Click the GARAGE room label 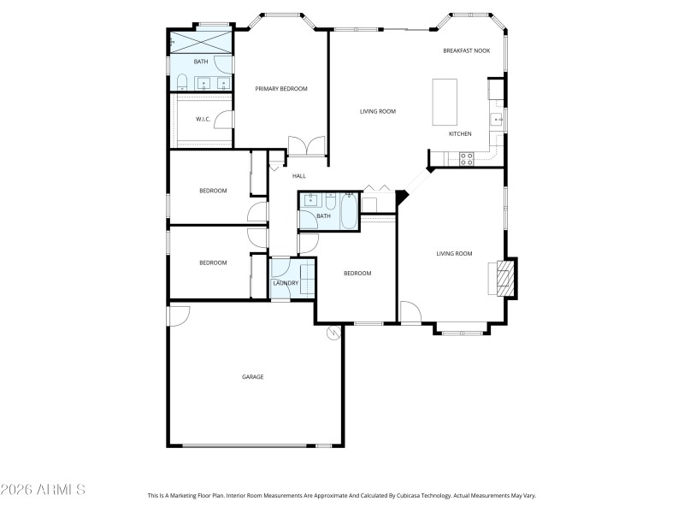click(x=252, y=377)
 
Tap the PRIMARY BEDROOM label click(x=281, y=89)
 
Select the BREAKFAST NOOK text click(x=466, y=51)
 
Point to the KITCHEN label click(x=460, y=134)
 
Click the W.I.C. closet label click(x=203, y=120)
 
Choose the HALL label click(x=298, y=176)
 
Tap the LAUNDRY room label click(x=286, y=283)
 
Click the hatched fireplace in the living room click(x=505, y=278)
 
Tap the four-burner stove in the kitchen click(x=467, y=158)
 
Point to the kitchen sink click(x=496, y=120)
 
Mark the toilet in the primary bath click(x=182, y=82)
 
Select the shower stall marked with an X click(x=201, y=42)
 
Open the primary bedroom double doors click(x=306, y=146)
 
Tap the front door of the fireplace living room click(x=410, y=313)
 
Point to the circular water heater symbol click(x=334, y=332)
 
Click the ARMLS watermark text click(x=43, y=490)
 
